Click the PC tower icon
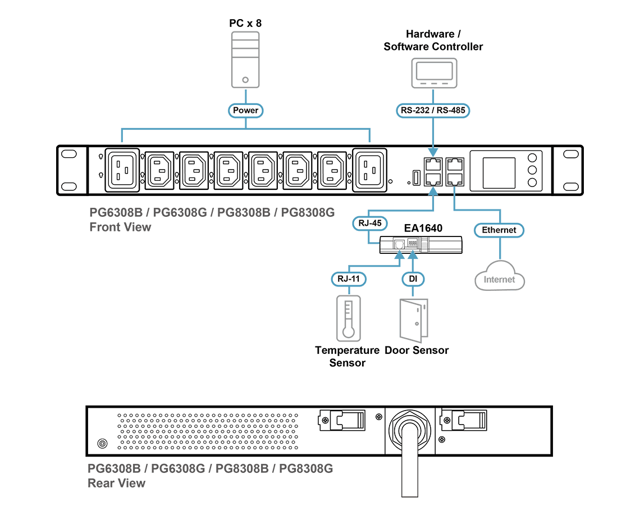pos(245,60)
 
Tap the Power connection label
pos(246,110)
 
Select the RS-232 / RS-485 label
pos(433,110)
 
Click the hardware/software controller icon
pos(435,73)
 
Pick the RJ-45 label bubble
pos(370,224)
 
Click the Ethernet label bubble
pos(499,230)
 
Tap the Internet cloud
pos(500,276)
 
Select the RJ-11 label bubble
pos(349,279)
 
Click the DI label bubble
pos(413,279)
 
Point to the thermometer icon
pos(349,318)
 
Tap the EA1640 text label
pos(423,228)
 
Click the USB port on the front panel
pos(417,178)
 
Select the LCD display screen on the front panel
pos(499,173)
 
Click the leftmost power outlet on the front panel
pos(122,170)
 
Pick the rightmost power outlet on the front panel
pos(369,170)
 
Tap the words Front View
pos(120,227)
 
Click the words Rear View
pos(117,483)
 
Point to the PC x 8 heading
pos(245,23)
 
